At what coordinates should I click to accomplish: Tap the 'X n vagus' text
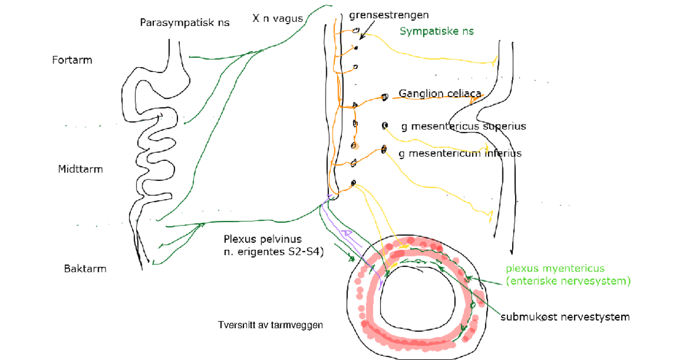tap(277, 18)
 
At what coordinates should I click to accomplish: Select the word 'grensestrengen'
tap(380, 15)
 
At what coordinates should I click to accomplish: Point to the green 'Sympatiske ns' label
tap(436, 32)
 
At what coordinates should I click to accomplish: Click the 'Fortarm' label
tap(72, 60)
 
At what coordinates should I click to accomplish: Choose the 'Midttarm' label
tap(76, 169)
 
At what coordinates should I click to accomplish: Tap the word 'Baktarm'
tap(85, 268)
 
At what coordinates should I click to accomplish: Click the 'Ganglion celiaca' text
tap(440, 94)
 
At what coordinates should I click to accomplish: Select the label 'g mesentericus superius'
tap(463, 126)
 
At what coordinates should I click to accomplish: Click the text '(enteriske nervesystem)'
tap(568, 281)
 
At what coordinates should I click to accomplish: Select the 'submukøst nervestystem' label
tap(564, 316)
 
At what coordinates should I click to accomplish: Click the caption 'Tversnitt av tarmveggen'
tap(270, 325)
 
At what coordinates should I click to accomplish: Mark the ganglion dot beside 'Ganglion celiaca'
tap(385, 97)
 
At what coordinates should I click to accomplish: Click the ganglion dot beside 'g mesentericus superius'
tap(385, 126)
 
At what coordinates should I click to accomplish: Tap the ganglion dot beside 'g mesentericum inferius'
tap(384, 150)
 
